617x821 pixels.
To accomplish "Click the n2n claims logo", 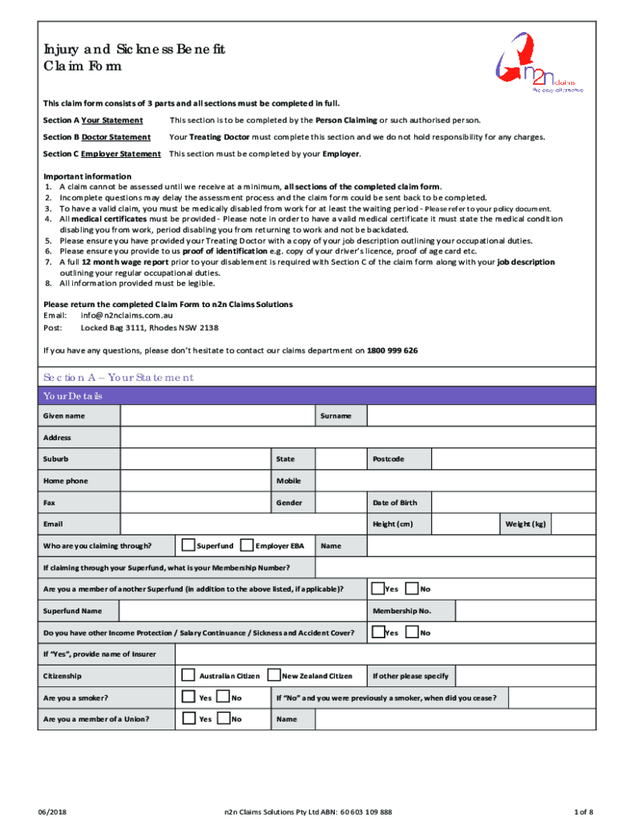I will tap(538, 67).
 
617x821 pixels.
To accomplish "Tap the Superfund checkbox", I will tap(188, 545).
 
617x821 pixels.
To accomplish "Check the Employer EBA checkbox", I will tap(248, 545).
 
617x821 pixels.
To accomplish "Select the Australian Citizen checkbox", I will tap(188, 675).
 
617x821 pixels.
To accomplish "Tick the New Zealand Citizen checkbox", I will tap(274, 675).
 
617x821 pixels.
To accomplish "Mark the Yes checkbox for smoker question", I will tap(188, 698).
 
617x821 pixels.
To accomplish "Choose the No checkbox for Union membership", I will tap(224, 719).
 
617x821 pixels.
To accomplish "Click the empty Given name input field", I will tap(216, 416).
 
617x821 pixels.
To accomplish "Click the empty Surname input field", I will tap(481, 416).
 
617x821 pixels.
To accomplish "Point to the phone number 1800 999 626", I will tap(392, 350).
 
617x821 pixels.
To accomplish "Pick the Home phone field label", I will tap(66, 480).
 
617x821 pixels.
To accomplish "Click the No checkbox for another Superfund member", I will tap(412, 588).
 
